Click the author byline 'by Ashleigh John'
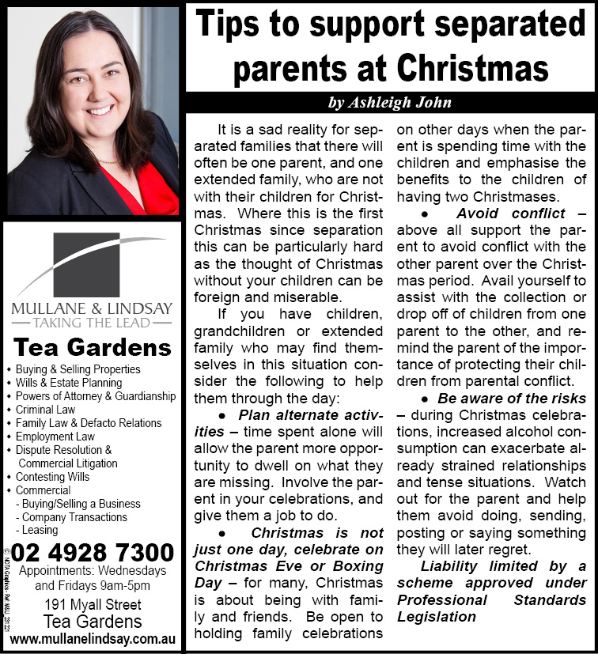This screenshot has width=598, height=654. click(x=390, y=103)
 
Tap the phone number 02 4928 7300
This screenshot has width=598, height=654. click(x=93, y=552)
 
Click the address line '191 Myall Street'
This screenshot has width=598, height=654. click(x=93, y=606)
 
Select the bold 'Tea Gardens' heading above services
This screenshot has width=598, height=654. click(x=93, y=348)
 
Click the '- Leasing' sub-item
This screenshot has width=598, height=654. click(x=40, y=531)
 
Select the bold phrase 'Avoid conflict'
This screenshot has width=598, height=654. click(x=510, y=214)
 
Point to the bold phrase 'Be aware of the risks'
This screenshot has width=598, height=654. click(x=512, y=399)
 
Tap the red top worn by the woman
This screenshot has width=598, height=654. click(x=146, y=194)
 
